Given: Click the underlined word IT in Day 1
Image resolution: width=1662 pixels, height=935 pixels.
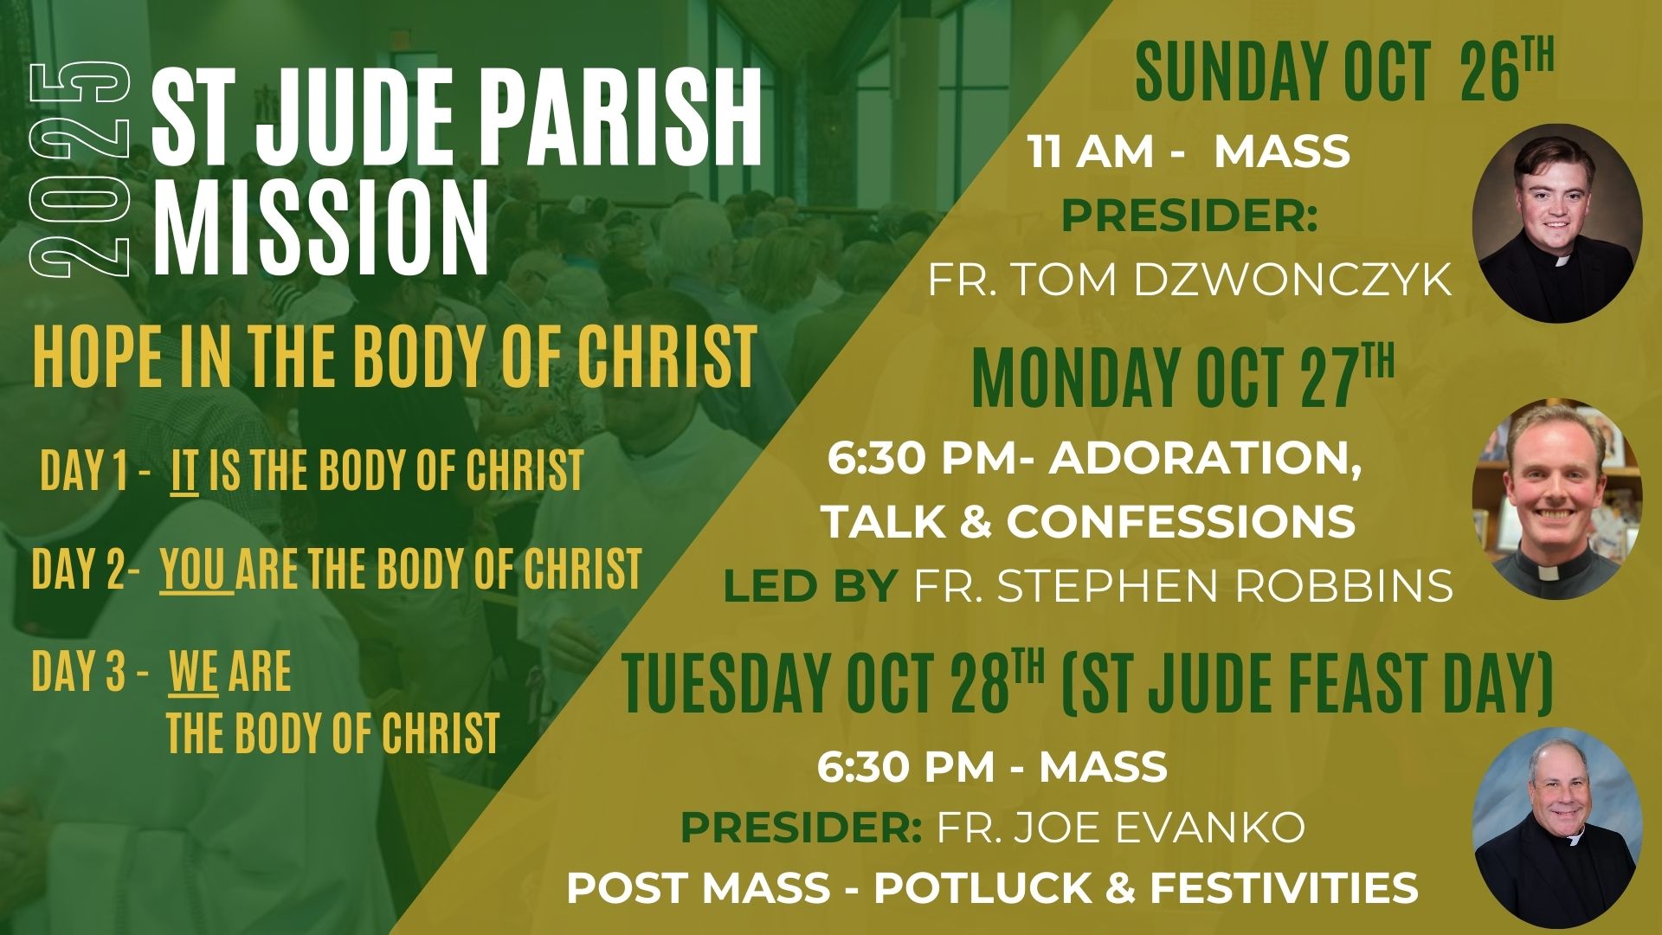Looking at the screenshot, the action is (184, 472).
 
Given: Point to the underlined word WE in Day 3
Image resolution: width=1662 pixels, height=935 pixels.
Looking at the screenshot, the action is (194, 673).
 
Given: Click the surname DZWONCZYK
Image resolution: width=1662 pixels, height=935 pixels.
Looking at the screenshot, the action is (1292, 280).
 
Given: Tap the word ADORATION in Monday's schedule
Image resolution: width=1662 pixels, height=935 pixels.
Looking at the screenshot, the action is (1206, 462).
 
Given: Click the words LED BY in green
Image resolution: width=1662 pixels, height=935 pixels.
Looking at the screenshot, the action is (809, 586).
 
